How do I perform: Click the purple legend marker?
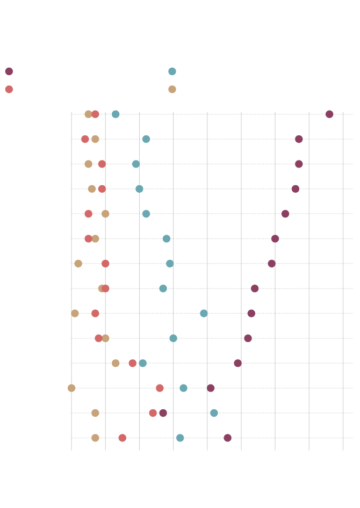[x=9, y=71]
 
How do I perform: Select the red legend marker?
[x=9, y=89]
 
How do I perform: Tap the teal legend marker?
[x=172, y=71]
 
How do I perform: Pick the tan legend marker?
[x=172, y=89]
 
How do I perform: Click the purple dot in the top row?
[x=329, y=114]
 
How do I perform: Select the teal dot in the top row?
[x=116, y=114]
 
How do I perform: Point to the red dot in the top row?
[x=95, y=114]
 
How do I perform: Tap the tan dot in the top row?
[x=89, y=114]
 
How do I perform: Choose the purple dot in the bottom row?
[x=228, y=438]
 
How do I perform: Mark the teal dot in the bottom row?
[x=180, y=438]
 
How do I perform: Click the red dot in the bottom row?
[x=123, y=438]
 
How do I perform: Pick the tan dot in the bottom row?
[x=95, y=438]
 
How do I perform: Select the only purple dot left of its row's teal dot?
[x=163, y=413]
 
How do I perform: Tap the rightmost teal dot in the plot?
[x=214, y=413]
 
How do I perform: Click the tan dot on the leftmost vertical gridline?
[x=71, y=388]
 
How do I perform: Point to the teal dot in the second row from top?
[x=146, y=139]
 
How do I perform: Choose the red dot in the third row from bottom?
[x=160, y=388]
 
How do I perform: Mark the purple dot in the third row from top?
[x=299, y=164]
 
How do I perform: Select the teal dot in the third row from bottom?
[x=183, y=388]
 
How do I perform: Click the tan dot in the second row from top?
[x=95, y=139]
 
